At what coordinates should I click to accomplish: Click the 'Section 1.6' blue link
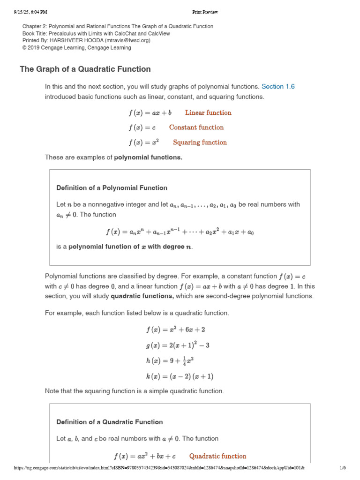coord(278,87)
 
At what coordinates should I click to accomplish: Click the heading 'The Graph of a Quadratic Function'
coord(85,69)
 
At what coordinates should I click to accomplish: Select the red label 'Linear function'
coord(208,112)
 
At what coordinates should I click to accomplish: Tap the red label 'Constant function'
coord(196,127)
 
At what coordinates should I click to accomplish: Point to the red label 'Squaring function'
coord(200,142)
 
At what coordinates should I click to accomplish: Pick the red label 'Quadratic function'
coord(217,456)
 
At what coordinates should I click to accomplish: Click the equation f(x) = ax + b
coord(150,112)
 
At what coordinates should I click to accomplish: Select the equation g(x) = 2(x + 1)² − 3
coord(178,345)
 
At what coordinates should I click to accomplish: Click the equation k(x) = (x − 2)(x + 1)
coord(180,376)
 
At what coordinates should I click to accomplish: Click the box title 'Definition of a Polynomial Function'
coord(112,188)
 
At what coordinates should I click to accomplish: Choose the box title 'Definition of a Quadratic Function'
coord(110,422)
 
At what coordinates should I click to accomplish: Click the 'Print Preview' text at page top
coord(205,12)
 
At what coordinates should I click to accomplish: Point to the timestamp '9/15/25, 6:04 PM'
coord(30,12)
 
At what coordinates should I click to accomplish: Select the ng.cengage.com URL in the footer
coord(159,468)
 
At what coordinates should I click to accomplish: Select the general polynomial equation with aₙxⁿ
coord(180,232)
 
